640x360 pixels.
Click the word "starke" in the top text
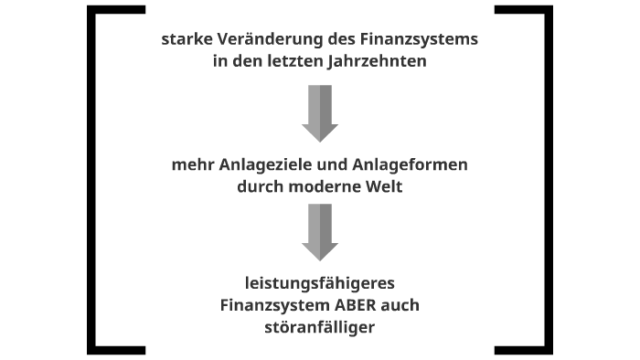click(x=185, y=41)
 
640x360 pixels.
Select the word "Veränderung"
click(x=258, y=41)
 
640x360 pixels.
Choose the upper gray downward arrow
click(x=320, y=113)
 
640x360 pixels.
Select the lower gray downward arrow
click(x=320, y=232)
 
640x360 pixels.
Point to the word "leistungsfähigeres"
click(x=320, y=284)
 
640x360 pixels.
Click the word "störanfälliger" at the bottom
click(x=320, y=326)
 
